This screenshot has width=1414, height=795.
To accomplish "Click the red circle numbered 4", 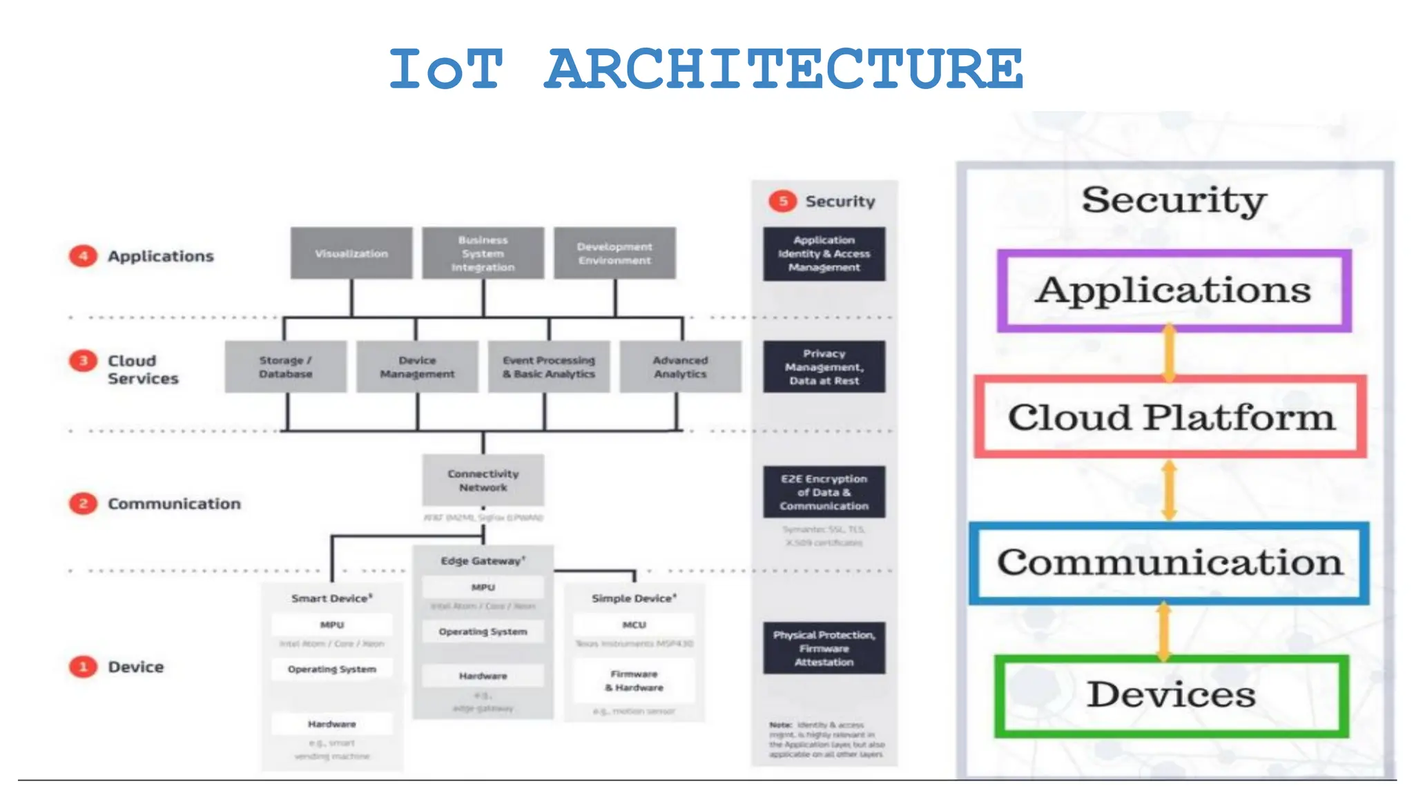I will pyautogui.click(x=83, y=256).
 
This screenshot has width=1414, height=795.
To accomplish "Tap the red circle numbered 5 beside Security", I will pyautogui.click(x=783, y=201).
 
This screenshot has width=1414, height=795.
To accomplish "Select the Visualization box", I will pyautogui.click(x=351, y=253).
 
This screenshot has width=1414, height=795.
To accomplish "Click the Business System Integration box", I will pyautogui.click(x=483, y=253).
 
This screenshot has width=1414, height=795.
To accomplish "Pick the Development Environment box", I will pyautogui.click(x=614, y=253).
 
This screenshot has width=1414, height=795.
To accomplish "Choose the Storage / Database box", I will pyautogui.click(x=286, y=367).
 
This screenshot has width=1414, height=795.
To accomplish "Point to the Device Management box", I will pyautogui.click(x=417, y=367).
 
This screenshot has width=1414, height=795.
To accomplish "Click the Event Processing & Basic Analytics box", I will pyautogui.click(x=549, y=367).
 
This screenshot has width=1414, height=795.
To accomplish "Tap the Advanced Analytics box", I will pyautogui.click(x=681, y=367).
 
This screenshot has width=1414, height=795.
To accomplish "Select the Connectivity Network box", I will pyautogui.click(x=483, y=480).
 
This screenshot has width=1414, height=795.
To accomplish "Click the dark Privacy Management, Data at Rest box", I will pyautogui.click(x=824, y=367).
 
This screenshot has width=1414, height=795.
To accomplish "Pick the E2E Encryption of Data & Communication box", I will pyautogui.click(x=824, y=492).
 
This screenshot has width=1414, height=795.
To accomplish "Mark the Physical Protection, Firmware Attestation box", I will pyautogui.click(x=824, y=648).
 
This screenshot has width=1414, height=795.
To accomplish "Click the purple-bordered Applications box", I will pyautogui.click(x=1174, y=291).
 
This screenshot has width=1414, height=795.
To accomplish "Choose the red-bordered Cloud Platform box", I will pyautogui.click(x=1170, y=417).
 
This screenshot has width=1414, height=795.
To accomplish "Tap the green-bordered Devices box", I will pyautogui.click(x=1172, y=696).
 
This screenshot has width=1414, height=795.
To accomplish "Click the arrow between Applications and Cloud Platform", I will pyautogui.click(x=1169, y=353).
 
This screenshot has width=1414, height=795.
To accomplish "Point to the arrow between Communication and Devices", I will pyautogui.click(x=1164, y=631).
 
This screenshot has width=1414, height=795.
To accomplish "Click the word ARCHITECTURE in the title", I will pyautogui.click(x=784, y=69).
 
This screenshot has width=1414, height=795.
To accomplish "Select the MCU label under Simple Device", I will pyautogui.click(x=635, y=625).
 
